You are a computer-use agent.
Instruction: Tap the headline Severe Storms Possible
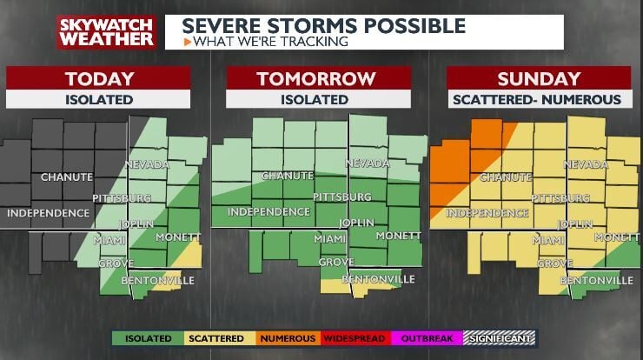[x=324, y=24]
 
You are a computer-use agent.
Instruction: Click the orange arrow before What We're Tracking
[x=188, y=41]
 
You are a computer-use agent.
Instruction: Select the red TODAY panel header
[x=98, y=78]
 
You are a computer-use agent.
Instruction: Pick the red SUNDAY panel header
[x=536, y=78]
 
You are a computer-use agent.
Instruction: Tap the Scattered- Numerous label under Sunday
[x=536, y=99]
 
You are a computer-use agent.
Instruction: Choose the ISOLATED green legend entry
[x=149, y=338]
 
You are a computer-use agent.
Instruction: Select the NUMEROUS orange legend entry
[x=287, y=338]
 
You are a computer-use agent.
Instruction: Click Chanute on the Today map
[x=66, y=177]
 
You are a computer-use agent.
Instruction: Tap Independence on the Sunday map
[x=487, y=212]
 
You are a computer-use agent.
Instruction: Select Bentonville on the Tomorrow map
[x=377, y=279]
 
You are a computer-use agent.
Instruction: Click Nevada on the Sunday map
[x=586, y=163]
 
